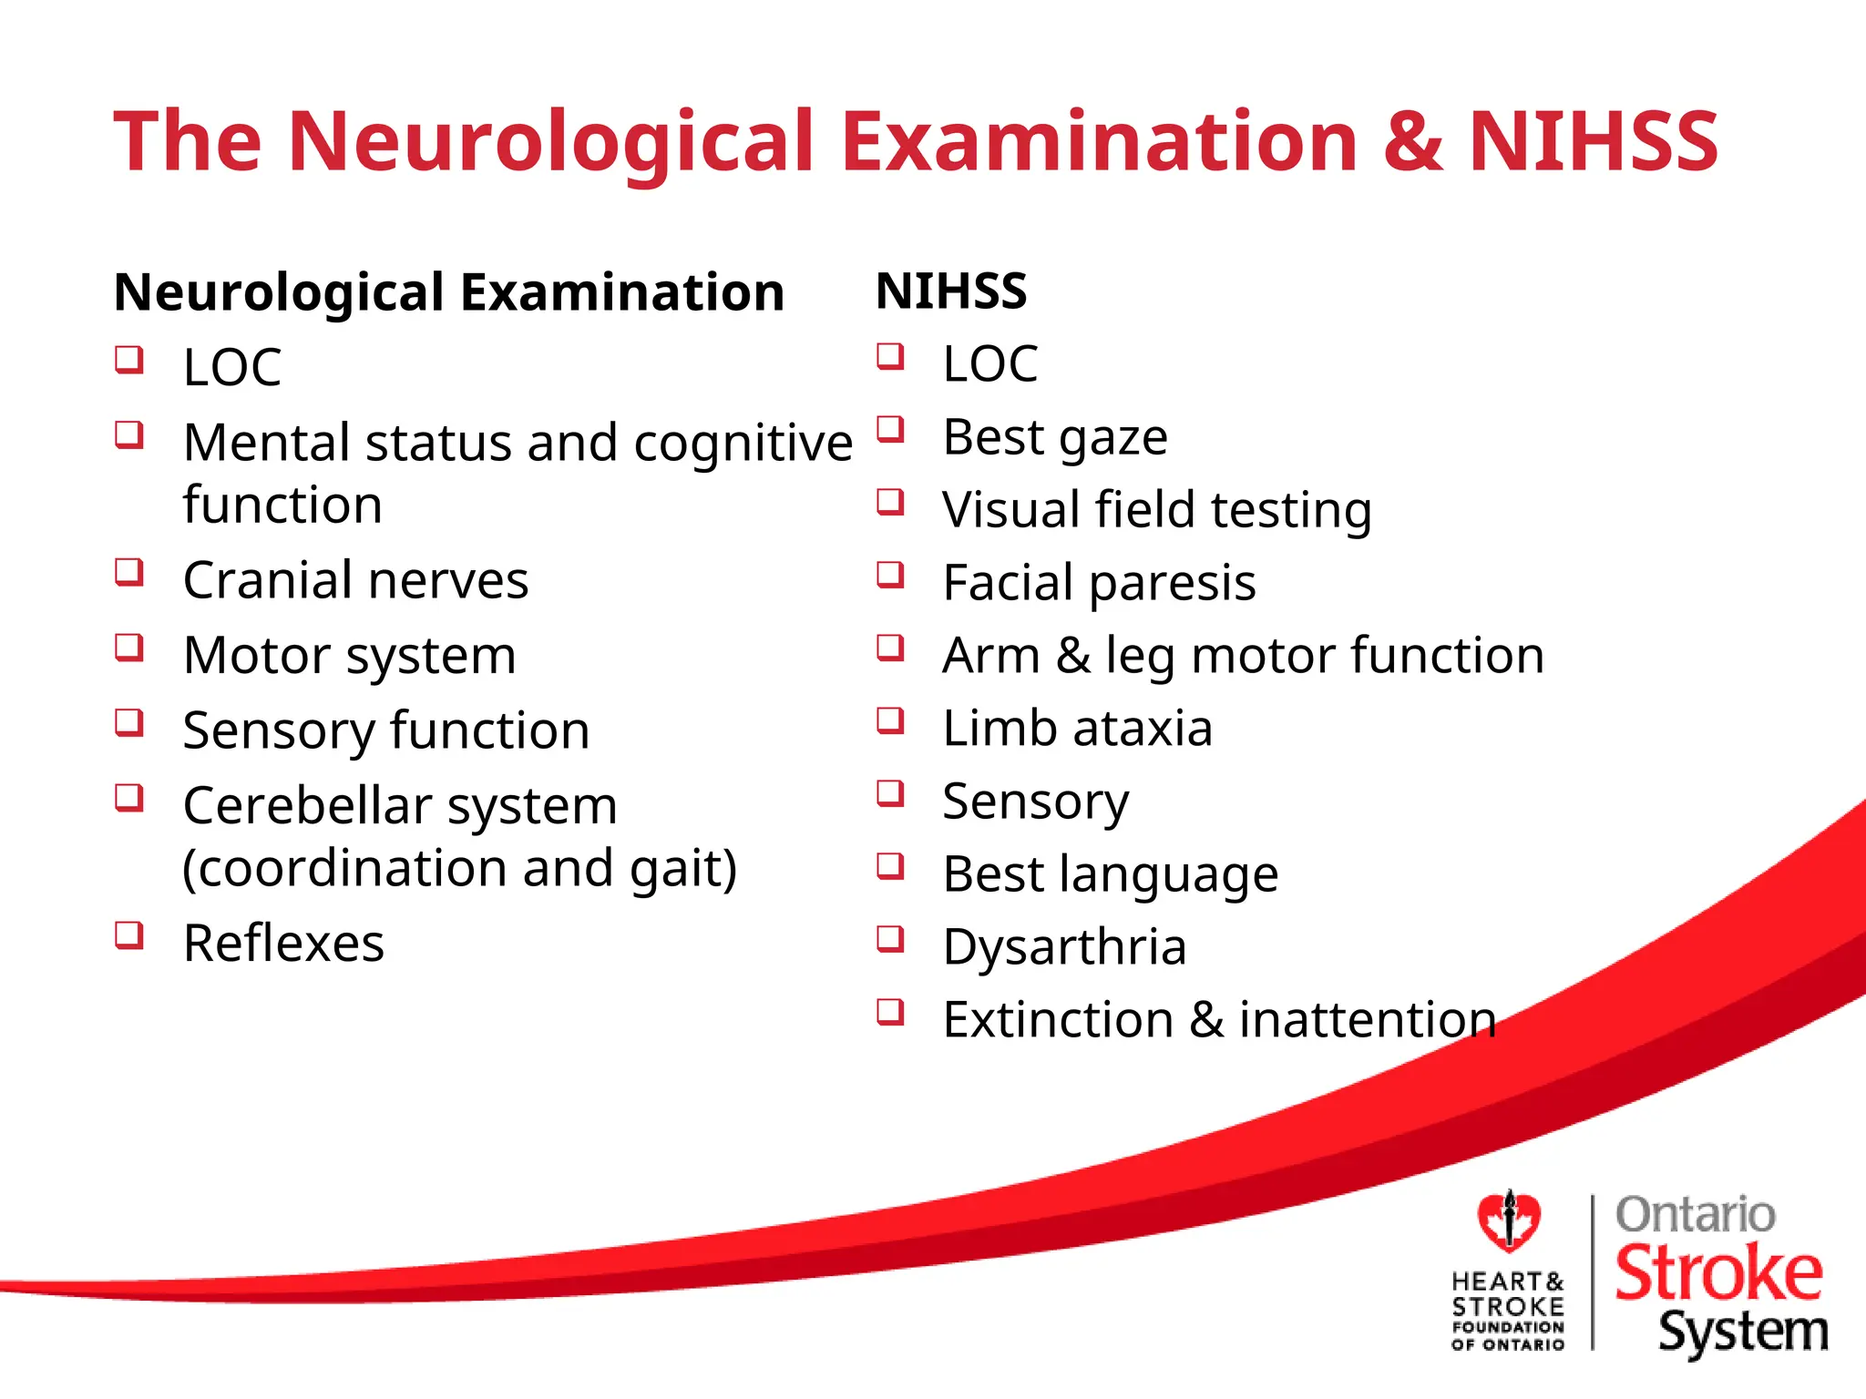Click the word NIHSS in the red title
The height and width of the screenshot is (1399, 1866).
coord(1593,142)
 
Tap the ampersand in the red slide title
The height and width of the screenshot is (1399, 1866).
coord(1412,142)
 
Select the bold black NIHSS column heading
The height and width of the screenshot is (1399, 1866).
coord(951,291)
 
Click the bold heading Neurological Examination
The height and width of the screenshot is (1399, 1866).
coord(449,292)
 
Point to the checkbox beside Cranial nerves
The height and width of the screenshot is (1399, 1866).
coord(129,573)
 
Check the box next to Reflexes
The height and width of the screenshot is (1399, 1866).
coord(129,935)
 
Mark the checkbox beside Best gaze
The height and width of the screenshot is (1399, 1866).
coord(890,429)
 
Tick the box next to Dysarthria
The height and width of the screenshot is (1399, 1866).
coord(890,938)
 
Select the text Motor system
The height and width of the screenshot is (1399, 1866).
coord(349,656)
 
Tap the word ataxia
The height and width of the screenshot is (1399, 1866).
coord(1143,729)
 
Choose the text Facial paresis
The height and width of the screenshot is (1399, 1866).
coord(1099,583)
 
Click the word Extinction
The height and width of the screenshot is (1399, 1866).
coord(1058,1019)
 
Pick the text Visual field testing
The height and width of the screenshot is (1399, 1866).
coord(1157,510)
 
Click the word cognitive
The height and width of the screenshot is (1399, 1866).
coord(743,444)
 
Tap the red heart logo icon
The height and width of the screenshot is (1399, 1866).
coord(1509,1220)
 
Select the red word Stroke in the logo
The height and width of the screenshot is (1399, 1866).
coord(1718,1272)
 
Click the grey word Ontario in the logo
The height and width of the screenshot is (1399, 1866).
coord(1695,1215)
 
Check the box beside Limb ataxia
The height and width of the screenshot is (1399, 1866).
coord(890,720)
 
